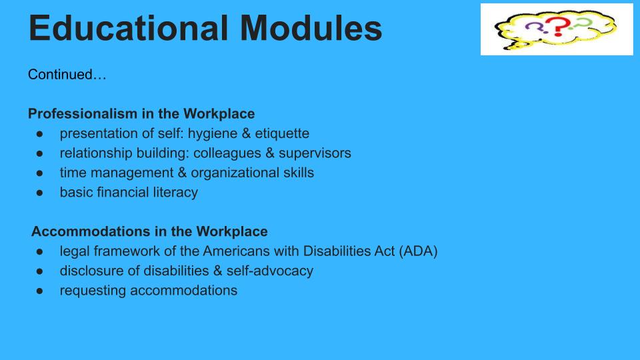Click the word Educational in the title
128,28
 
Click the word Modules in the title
311,28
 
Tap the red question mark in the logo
558,27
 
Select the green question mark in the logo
581,24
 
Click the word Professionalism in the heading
83,113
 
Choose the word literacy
175,193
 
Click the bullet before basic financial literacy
39,193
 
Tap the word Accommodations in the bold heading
91,231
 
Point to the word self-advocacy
270,271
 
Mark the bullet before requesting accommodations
39,291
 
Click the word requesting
93,291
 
